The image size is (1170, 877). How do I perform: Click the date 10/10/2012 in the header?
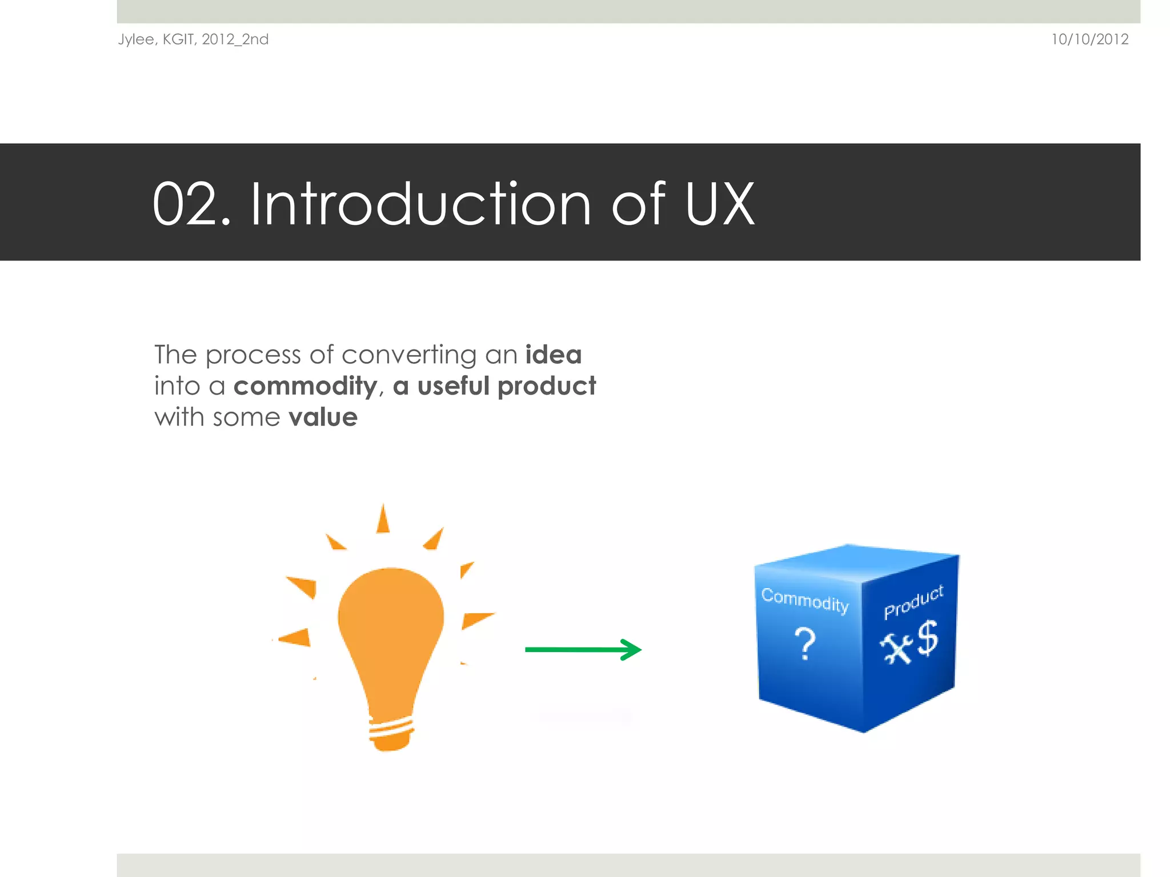click(1089, 39)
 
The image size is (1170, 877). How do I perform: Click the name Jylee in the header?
click(136, 39)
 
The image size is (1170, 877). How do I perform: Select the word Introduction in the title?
click(420, 204)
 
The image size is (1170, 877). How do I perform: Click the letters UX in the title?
click(719, 204)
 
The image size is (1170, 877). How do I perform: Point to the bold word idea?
click(553, 355)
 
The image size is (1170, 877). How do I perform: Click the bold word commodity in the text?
click(305, 386)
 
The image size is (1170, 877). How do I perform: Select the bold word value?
click(323, 417)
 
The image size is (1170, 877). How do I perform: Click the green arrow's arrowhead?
click(631, 649)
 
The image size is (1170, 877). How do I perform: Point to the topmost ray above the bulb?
click(383, 520)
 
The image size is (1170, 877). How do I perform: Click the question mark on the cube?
click(805, 643)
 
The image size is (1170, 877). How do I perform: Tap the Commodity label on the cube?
click(804, 600)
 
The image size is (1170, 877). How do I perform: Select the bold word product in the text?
click(547, 386)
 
